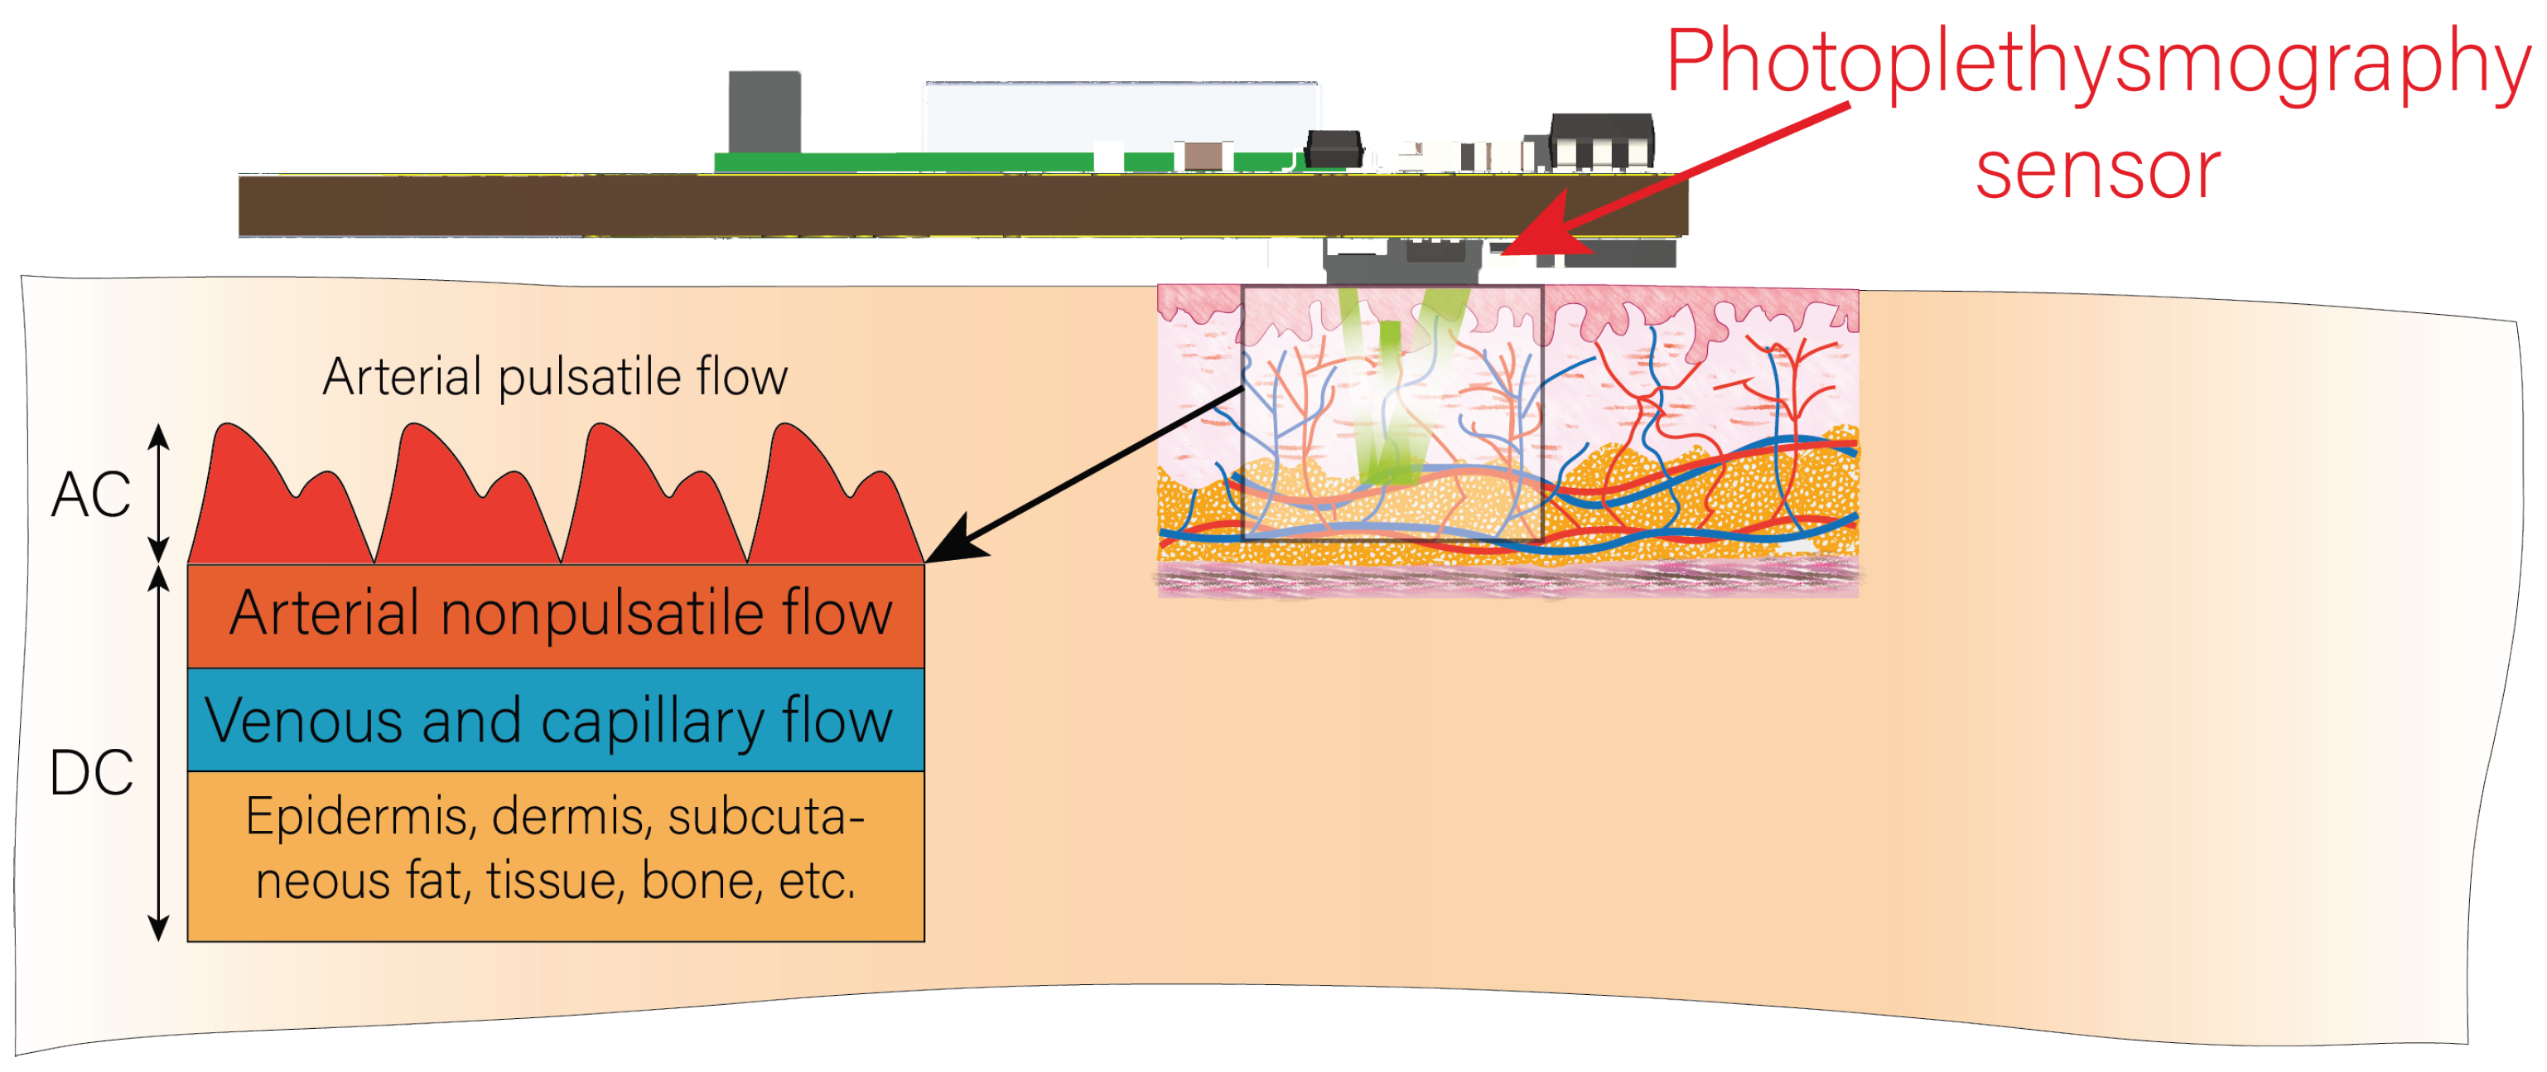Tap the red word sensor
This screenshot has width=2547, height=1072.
click(x=2097, y=170)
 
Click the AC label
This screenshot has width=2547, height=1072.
click(x=91, y=495)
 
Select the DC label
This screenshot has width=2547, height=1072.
click(x=91, y=772)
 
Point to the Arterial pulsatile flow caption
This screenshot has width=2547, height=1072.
click(x=555, y=377)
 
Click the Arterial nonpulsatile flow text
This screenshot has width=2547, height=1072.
click(x=561, y=613)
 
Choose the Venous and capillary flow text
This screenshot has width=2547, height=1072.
click(x=549, y=720)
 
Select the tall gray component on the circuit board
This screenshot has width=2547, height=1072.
click(x=765, y=111)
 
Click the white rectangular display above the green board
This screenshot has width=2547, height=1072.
click(x=1120, y=117)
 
